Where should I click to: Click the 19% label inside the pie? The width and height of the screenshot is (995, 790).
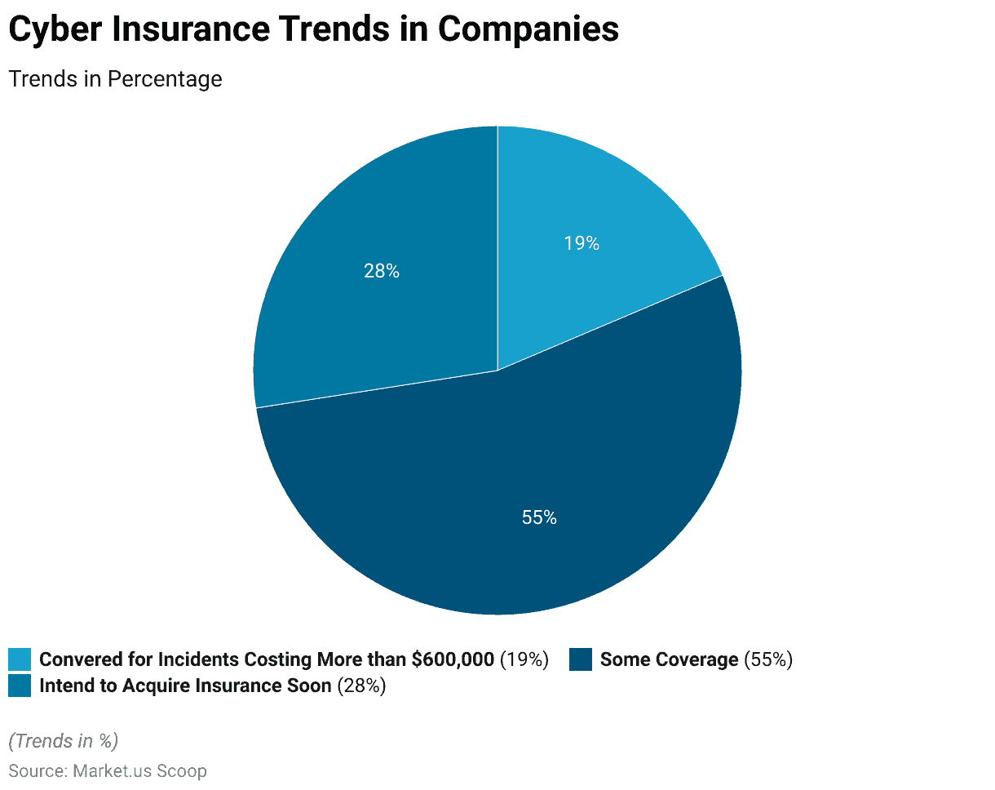[582, 243]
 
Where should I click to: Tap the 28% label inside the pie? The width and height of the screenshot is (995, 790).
[381, 271]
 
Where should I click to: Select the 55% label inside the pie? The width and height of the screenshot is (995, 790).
[539, 517]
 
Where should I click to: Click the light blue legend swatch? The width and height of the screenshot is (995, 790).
[20, 659]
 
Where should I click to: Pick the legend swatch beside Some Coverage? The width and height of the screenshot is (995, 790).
[581, 659]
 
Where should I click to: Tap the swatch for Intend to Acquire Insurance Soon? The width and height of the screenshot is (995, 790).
[20, 686]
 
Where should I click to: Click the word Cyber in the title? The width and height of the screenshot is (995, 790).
[54, 29]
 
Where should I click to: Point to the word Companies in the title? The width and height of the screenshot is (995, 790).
[528, 29]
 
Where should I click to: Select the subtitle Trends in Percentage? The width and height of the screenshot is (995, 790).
[115, 79]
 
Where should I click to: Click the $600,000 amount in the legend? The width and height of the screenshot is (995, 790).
[453, 659]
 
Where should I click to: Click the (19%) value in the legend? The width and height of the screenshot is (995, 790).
[524, 659]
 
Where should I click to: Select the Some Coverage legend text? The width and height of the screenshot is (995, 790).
[669, 659]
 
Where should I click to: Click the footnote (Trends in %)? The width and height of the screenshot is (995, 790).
[64, 740]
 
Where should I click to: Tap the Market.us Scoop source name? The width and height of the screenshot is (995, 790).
[139, 770]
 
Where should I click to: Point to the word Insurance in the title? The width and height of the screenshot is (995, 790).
[207, 29]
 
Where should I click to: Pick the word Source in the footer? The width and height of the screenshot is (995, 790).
[36, 770]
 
